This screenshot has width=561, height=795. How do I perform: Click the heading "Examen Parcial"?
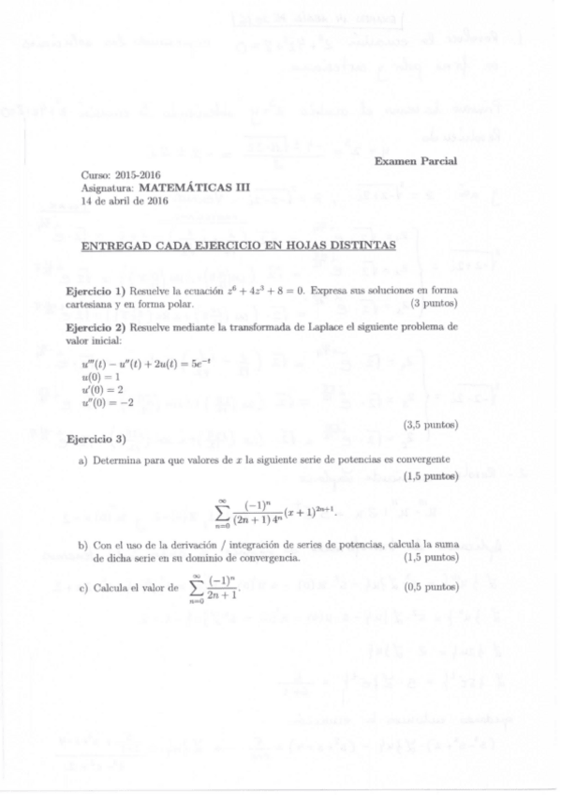415,161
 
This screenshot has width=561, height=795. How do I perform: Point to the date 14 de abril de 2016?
125,199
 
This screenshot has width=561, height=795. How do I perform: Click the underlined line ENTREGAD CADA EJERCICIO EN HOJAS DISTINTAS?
238,247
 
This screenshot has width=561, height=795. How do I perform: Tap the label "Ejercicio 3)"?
96,438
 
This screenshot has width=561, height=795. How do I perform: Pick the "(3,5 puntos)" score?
431,426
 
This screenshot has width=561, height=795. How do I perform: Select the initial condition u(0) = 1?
103,374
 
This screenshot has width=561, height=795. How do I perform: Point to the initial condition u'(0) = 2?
104,386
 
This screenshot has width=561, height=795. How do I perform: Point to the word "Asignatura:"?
107,187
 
